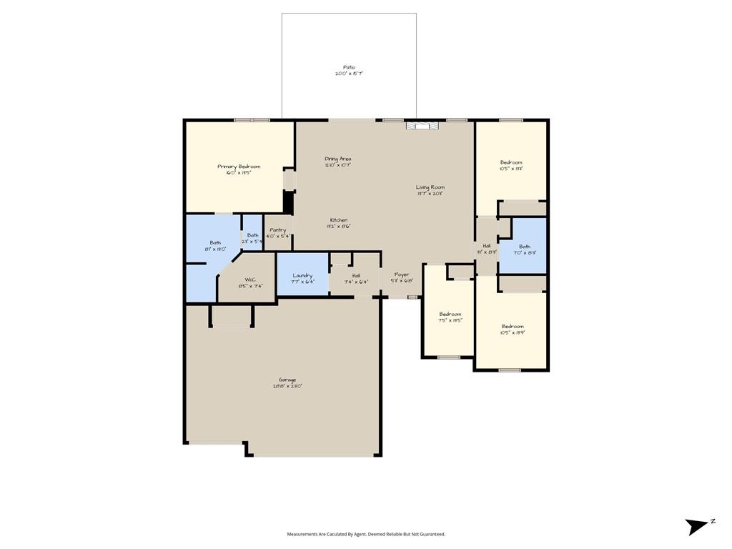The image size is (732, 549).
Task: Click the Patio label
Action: click(349, 70)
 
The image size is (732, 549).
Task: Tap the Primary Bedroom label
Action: click(239, 169)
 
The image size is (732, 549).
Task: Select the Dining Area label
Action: click(338, 162)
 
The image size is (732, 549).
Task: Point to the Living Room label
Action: click(430, 190)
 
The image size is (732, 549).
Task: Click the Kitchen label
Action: click(339, 222)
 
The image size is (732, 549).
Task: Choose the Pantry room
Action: click(277, 232)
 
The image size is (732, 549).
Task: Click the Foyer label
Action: click(402, 277)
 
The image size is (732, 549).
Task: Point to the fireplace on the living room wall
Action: click(422, 126)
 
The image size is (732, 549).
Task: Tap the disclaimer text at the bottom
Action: click(366, 534)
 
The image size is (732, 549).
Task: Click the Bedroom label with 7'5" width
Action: click(450, 317)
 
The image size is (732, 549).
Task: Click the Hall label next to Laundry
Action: click(355, 279)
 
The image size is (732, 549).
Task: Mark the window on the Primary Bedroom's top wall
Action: click(252, 120)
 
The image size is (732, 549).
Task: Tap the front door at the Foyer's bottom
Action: click(412, 297)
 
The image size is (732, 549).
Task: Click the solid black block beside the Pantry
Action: click(289, 202)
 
